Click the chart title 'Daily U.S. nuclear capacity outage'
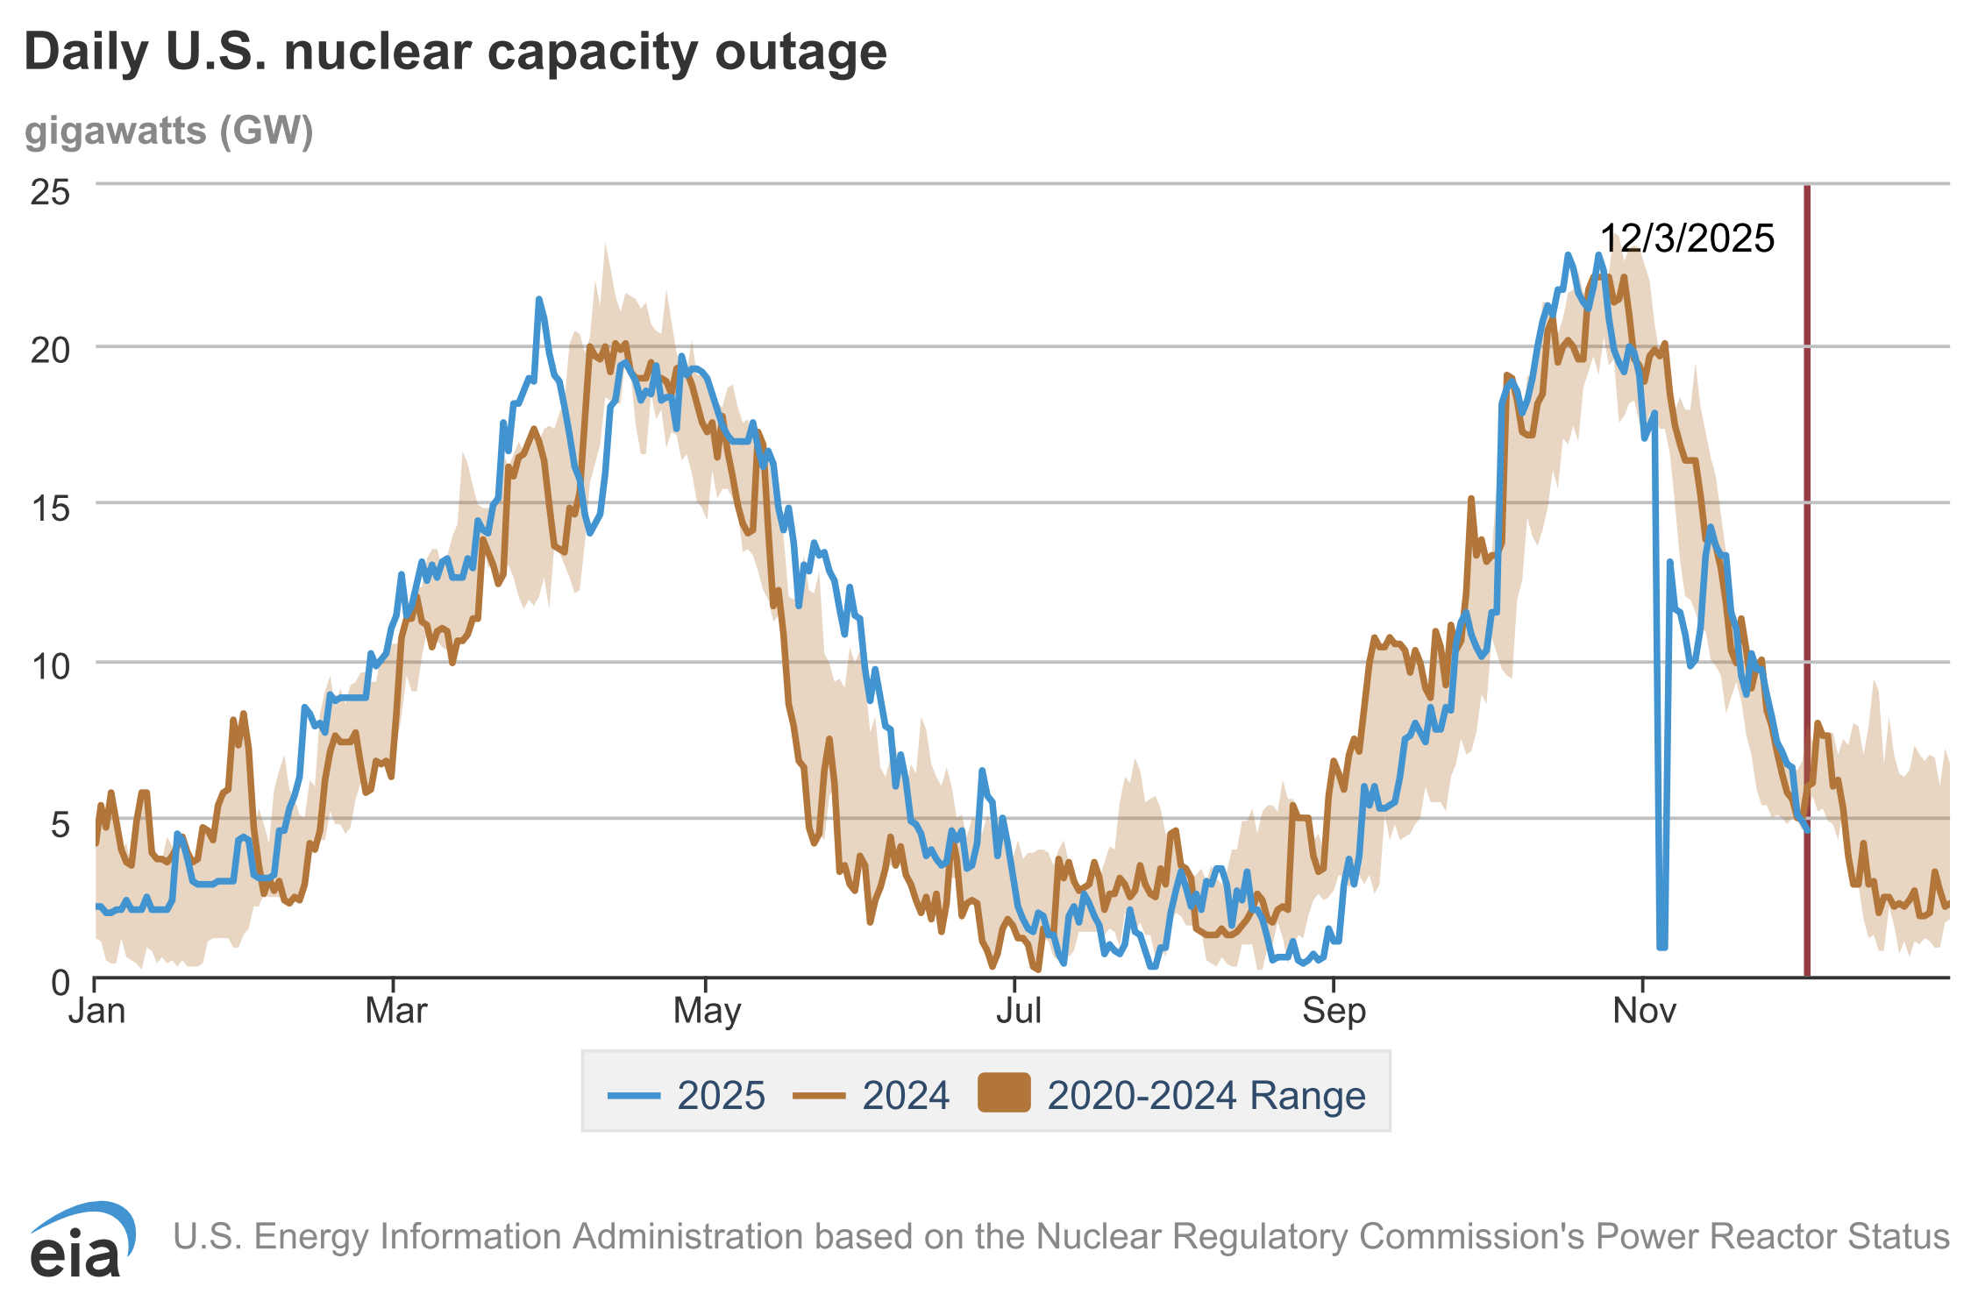click(455, 53)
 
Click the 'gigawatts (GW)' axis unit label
click(168, 132)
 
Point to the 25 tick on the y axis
click(50, 192)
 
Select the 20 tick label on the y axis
click(50, 351)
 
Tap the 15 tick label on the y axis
click(50, 508)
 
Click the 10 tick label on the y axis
click(50, 666)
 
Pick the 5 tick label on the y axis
click(60, 824)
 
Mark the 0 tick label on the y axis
click(60, 982)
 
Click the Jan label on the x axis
click(96, 1011)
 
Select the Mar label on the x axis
click(395, 1011)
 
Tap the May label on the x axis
click(707, 1011)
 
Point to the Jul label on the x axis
click(1018, 1011)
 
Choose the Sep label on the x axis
click(1334, 1011)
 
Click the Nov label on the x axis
click(1644, 1011)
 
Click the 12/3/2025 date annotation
click(1687, 238)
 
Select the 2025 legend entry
click(687, 1095)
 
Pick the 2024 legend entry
click(872, 1095)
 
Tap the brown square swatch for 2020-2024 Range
click(1004, 1092)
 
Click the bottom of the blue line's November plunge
click(1661, 946)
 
